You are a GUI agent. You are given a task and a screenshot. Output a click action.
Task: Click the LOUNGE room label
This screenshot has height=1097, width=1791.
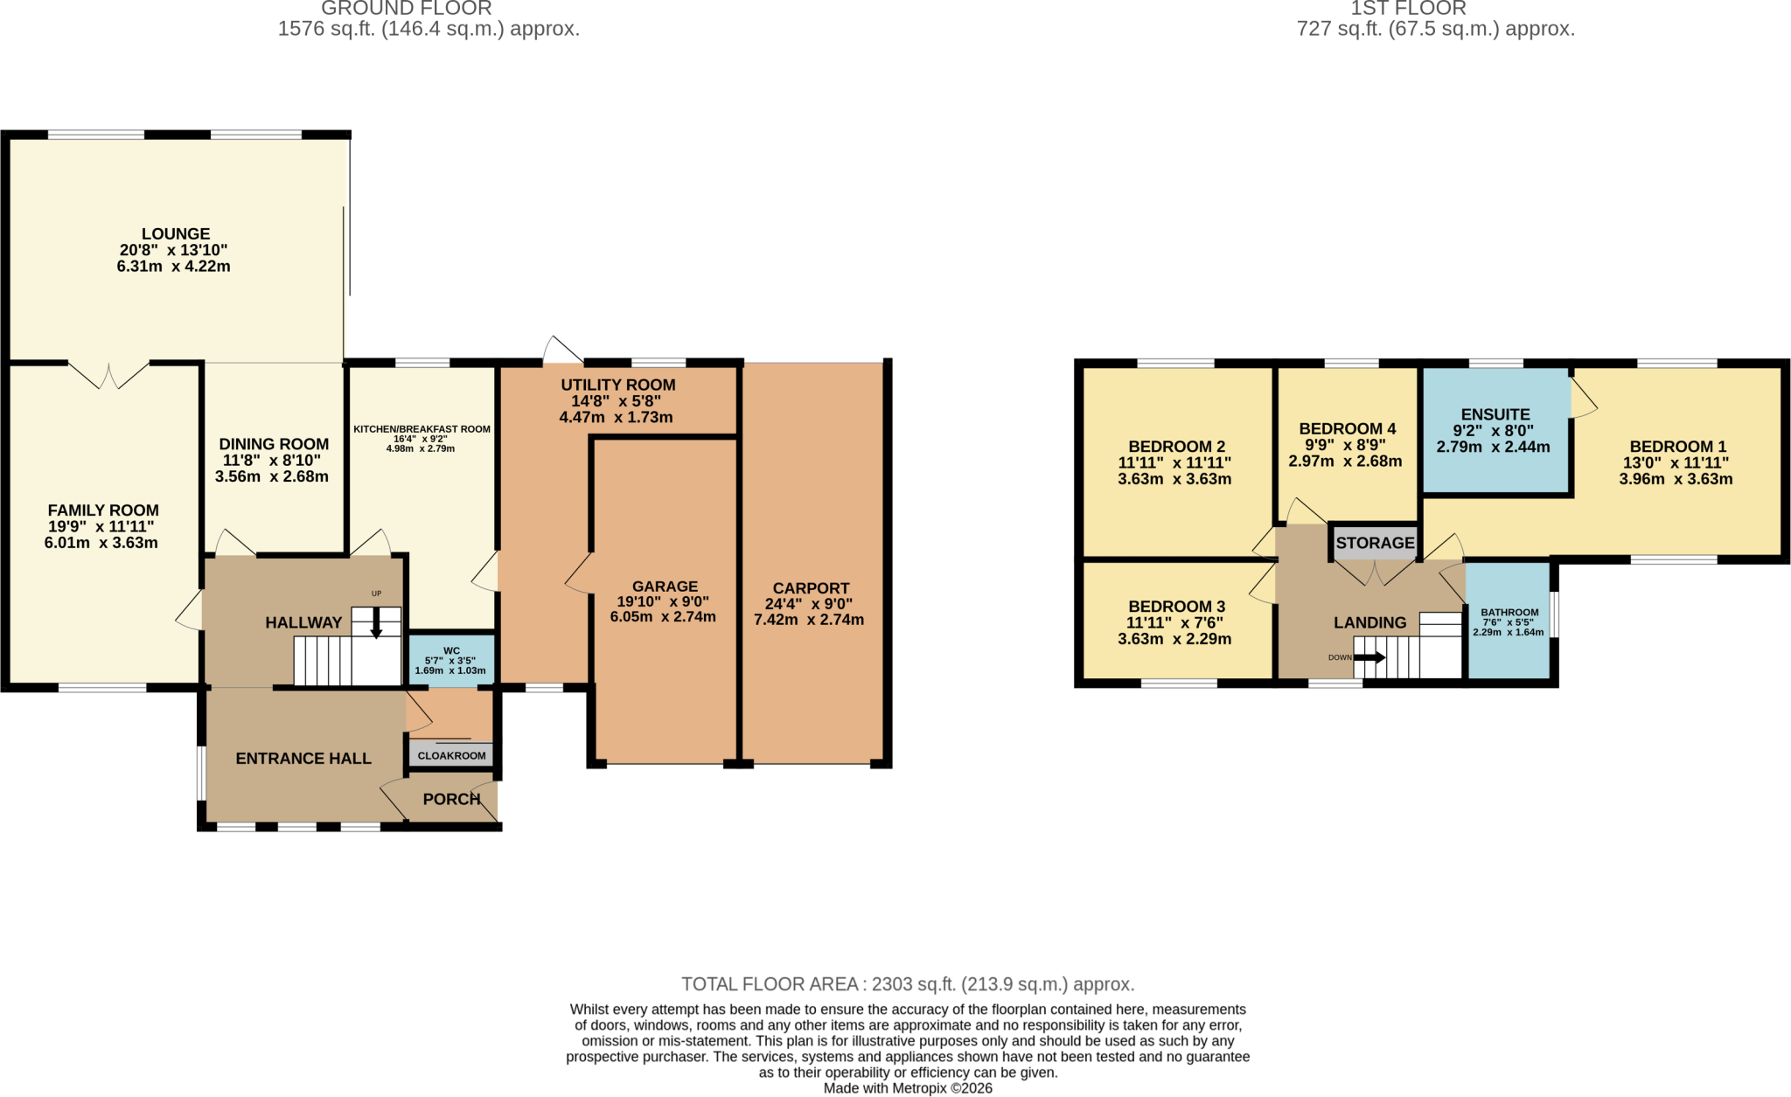(x=176, y=234)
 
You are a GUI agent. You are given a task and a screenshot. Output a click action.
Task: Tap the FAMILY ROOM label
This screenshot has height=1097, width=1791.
(x=103, y=510)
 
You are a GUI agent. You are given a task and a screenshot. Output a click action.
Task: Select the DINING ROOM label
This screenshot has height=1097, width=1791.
(x=274, y=444)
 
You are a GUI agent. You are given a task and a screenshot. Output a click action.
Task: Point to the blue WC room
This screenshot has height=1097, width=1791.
(x=451, y=658)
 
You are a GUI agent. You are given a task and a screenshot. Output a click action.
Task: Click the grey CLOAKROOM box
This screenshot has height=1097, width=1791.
(x=451, y=755)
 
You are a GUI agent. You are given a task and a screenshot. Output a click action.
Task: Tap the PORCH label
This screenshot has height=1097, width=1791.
(x=451, y=799)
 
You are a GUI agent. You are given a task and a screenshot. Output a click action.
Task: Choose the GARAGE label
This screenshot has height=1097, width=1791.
(x=665, y=587)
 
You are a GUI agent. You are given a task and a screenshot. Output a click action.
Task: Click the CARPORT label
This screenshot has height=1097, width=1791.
(x=811, y=588)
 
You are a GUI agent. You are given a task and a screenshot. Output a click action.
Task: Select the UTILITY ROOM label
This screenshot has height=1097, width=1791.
(x=618, y=385)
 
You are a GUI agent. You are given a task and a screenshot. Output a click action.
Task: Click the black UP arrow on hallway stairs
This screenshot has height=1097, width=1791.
(x=376, y=623)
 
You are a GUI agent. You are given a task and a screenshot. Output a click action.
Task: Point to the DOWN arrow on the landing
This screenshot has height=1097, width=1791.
(x=1369, y=657)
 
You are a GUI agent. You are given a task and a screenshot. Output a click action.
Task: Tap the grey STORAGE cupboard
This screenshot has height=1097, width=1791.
(x=1375, y=543)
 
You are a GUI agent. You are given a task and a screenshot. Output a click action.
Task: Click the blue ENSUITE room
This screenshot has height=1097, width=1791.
(x=1495, y=430)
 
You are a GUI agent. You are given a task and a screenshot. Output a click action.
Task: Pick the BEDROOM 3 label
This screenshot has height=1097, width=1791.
(x=1176, y=607)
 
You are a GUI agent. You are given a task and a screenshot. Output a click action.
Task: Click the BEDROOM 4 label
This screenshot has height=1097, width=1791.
(x=1347, y=428)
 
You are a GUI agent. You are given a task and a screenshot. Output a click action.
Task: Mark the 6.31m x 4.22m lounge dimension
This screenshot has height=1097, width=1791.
(x=173, y=267)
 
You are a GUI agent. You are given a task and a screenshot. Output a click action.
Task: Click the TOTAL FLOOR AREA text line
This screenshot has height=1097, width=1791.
(x=908, y=984)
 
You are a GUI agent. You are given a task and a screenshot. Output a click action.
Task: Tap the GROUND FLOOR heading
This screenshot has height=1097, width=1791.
(x=407, y=9)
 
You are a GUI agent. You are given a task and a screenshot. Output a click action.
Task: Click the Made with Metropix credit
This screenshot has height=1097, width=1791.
(x=908, y=1088)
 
